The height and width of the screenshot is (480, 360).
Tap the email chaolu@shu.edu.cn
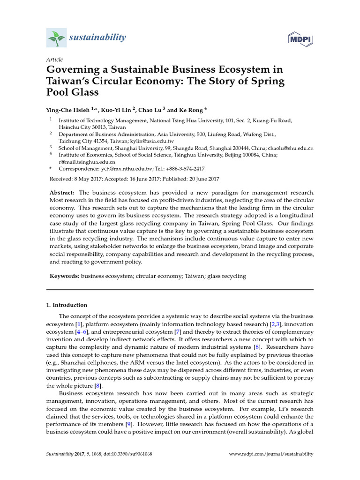(x=290, y=148)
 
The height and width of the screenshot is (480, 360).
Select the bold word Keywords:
(x=65, y=276)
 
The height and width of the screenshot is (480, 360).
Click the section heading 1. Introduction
(x=66, y=305)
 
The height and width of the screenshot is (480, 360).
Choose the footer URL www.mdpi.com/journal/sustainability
(x=270, y=454)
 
